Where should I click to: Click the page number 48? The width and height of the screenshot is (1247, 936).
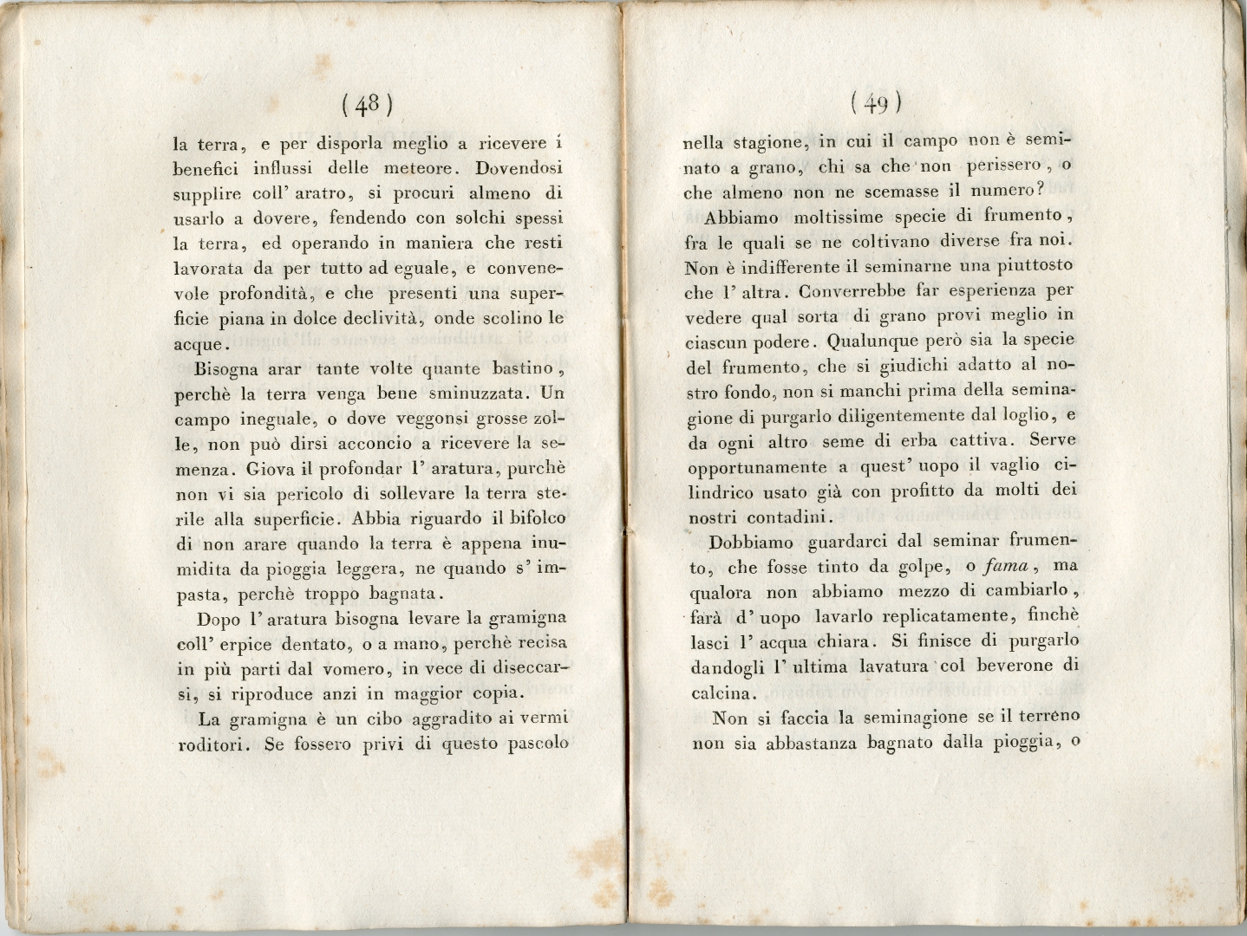coord(368,105)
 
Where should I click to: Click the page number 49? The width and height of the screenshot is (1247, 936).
coord(877,104)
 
